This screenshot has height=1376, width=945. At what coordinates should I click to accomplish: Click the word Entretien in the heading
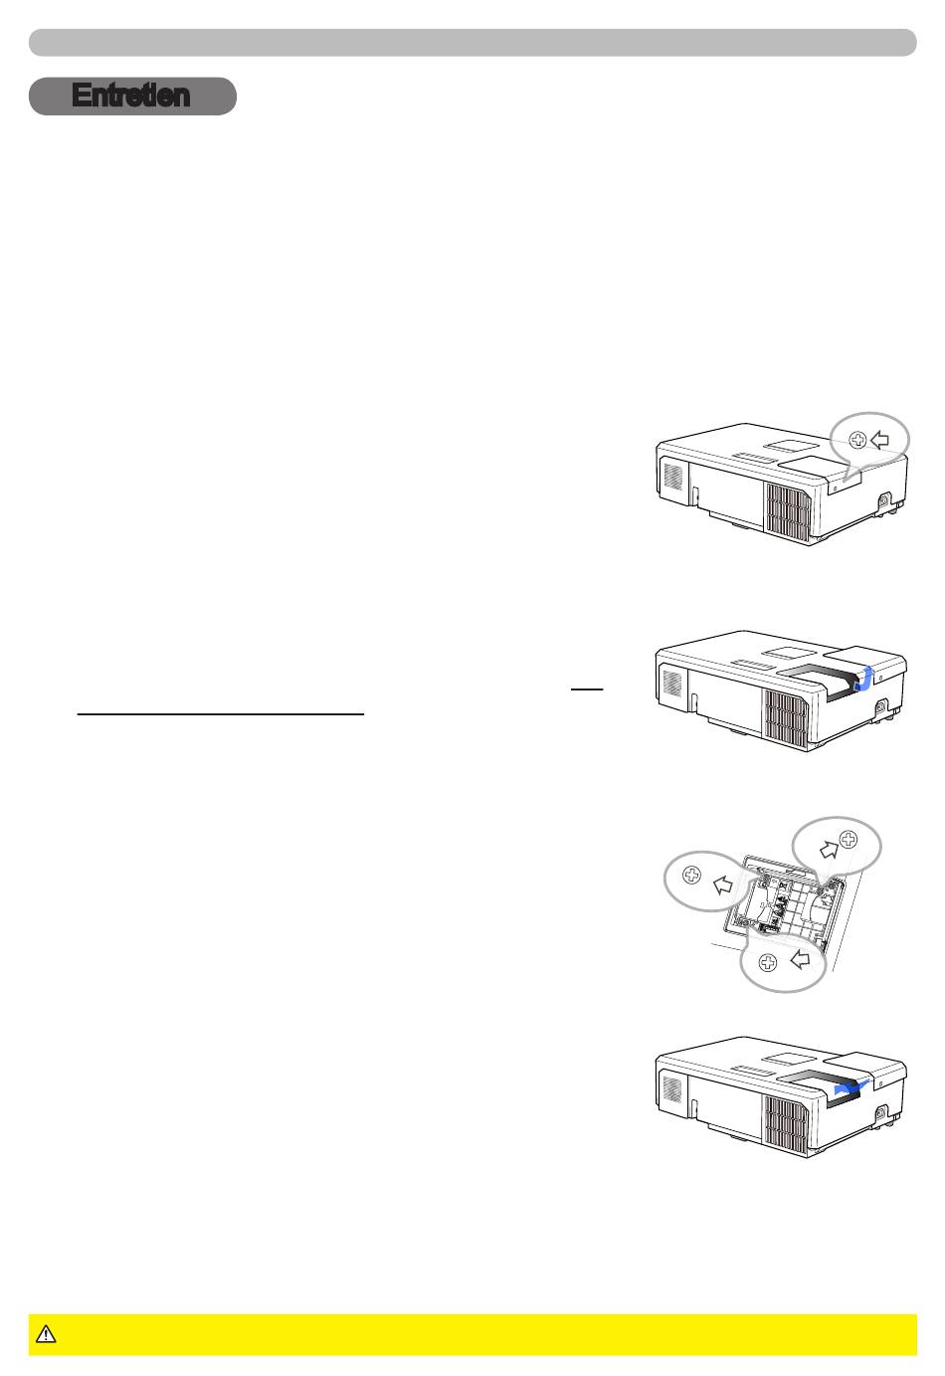[130, 96]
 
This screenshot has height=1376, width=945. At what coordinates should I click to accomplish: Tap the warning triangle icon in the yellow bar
[46, 1334]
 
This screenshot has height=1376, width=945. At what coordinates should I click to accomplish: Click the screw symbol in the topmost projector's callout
[857, 440]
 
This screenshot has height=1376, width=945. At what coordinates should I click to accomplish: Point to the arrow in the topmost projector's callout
[880, 440]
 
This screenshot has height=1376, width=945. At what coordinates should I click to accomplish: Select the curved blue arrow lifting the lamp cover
[864, 680]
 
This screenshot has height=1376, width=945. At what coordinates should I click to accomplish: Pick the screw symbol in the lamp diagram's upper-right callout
[848, 839]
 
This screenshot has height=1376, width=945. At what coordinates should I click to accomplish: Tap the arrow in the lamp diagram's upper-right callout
[829, 850]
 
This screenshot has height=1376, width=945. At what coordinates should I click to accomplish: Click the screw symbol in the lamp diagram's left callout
[692, 875]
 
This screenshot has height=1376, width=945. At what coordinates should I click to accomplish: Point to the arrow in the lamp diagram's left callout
[723, 885]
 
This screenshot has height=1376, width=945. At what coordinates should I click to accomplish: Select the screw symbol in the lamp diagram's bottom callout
[768, 963]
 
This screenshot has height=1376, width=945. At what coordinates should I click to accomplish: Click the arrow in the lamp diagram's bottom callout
[800, 959]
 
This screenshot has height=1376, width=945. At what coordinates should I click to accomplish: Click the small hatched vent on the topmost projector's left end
[672, 477]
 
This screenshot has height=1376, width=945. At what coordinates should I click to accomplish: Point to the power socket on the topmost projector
[885, 500]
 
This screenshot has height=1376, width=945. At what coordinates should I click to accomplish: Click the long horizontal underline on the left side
[221, 714]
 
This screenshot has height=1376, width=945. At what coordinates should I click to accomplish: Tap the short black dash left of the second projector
[587, 689]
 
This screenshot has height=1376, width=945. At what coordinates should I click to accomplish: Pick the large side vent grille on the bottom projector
[787, 1125]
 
